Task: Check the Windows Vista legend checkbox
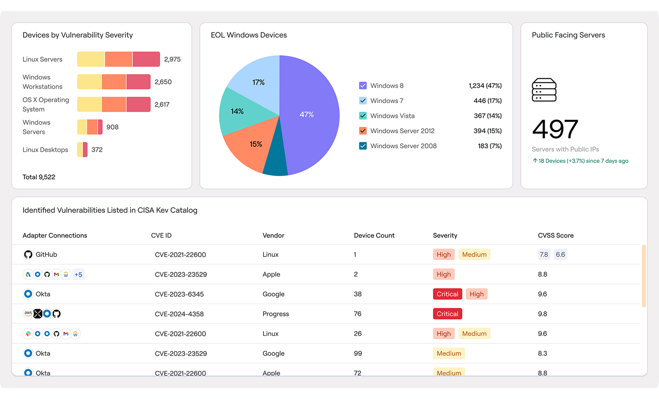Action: point(363,116)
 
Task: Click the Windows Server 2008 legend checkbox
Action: point(363,146)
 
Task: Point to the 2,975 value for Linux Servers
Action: point(172,59)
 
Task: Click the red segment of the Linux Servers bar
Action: point(146,59)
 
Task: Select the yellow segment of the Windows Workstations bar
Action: point(89,82)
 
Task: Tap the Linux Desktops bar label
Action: point(45,150)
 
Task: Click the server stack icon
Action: point(544,90)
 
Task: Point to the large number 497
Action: point(555,129)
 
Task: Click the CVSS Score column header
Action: point(555,236)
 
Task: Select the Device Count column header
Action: point(374,236)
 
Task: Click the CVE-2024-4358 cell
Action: point(180,314)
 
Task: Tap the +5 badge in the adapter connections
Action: point(78,275)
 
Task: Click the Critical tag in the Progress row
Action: point(447,314)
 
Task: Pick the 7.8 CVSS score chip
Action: point(544,255)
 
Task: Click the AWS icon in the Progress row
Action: point(28,314)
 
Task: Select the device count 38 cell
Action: point(358,294)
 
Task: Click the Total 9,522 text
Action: point(39,177)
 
